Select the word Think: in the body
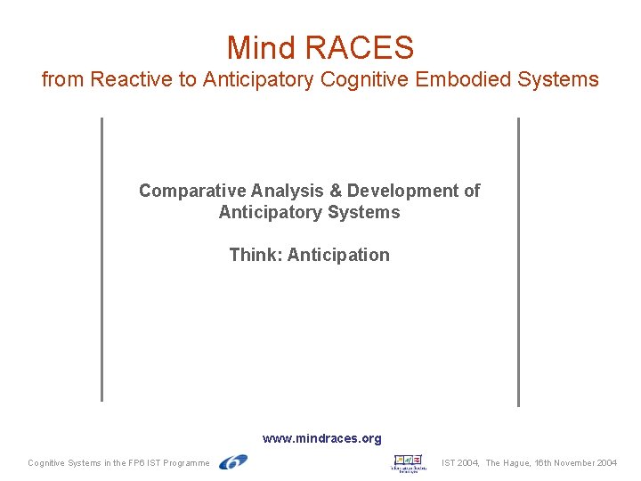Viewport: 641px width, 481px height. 256,255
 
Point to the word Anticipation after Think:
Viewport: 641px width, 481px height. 338,255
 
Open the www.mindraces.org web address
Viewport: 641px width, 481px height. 321,438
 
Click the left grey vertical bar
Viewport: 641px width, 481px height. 101,259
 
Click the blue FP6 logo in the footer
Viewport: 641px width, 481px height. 233,462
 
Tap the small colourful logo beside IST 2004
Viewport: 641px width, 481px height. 409,462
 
